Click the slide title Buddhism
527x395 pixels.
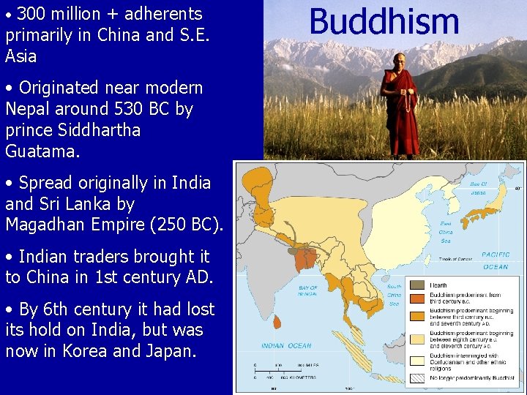[x=384, y=21]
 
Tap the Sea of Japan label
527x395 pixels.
[x=478, y=187]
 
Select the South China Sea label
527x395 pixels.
[x=394, y=295]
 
